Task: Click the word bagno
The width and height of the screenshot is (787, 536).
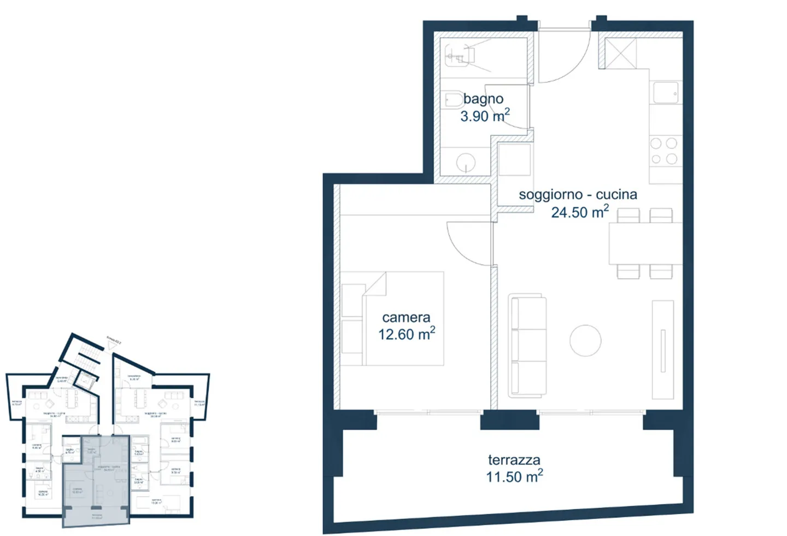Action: [x=483, y=99]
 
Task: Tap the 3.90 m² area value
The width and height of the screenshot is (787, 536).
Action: [x=485, y=116]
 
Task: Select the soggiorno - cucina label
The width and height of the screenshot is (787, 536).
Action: [x=578, y=194]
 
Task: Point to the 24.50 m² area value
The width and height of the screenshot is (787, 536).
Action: [x=579, y=212]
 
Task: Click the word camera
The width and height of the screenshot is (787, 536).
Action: [x=406, y=317]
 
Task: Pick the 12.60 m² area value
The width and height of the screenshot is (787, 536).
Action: [x=407, y=334]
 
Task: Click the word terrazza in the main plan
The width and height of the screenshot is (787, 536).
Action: [x=514, y=460]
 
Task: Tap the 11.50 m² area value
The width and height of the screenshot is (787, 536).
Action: [x=514, y=477]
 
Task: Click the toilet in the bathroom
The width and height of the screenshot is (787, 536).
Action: [x=453, y=100]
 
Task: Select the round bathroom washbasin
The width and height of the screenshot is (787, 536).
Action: [x=466, y=162]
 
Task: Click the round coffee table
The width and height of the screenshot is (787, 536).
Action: [x=585, y=341]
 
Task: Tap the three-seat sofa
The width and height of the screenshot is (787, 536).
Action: [x=527, y=346]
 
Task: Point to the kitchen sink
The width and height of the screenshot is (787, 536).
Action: [x=665, y=93]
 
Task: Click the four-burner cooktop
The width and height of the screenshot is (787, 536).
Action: [x=664, y=151]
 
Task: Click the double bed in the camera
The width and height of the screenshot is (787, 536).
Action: [x=403, y=318]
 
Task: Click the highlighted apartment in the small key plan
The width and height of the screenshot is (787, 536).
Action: [x=96, y=479]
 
